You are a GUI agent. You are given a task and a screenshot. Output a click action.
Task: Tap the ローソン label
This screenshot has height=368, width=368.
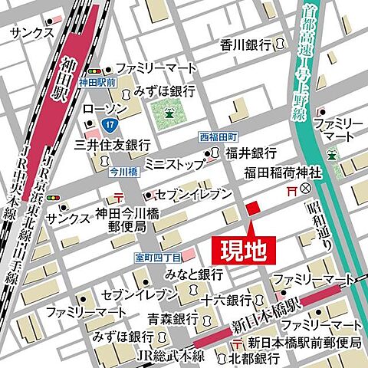click(105, 108)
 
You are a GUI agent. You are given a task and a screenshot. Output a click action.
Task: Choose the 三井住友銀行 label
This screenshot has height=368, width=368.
click(112, 143)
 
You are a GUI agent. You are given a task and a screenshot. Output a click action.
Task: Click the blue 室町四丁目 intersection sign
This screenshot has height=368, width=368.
click(157, 257)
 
